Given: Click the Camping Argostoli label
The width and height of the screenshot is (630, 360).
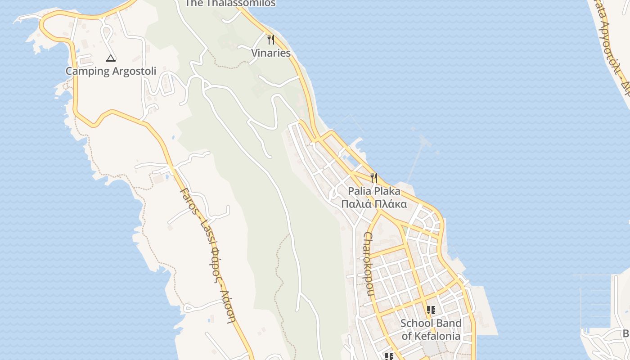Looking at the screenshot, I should pyautogui.click(x=111, y=71).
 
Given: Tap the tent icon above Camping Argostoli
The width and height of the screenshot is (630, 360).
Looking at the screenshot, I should pyautogui.click(x=111, y=58).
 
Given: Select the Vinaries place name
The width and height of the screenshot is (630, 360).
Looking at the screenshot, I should pyautogui.click(x=270, y=53).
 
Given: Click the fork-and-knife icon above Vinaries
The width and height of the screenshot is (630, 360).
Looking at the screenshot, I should pyautogui.click(x=270, y=40).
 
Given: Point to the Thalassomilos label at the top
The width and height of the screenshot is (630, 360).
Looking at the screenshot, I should pyautogui.click(x=230, y=3).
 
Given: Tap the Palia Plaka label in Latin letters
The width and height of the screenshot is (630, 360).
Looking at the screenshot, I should pyautogui.click(x=374, y=191).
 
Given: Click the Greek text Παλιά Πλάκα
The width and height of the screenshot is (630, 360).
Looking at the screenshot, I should pyautogui.click(x=374, y=204).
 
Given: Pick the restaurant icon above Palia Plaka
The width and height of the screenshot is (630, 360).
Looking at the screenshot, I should pyautogui.click(x=373, y=177).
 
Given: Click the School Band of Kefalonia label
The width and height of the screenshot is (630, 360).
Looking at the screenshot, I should pyautogui.click(x=431, y=329).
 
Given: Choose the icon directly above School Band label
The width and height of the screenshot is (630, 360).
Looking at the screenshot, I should pyautogui.click(x=431, y=310).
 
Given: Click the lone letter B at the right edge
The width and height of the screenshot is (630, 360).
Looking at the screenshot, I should pyautogui.click(x=625, y=333).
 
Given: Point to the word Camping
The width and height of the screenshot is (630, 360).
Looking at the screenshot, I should pyautogui.click(x=87, y=71).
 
